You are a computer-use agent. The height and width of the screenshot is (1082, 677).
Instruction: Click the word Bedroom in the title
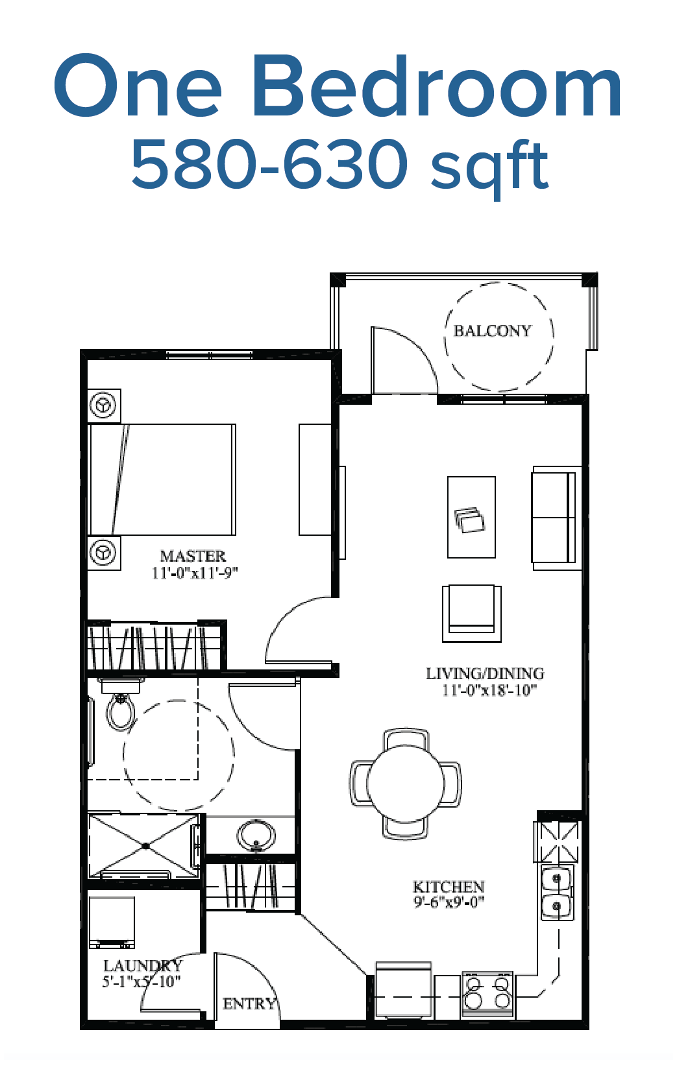point(441,86)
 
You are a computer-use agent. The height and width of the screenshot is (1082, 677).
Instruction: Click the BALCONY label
point(493,331)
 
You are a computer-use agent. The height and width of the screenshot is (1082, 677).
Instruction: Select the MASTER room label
point(193,556)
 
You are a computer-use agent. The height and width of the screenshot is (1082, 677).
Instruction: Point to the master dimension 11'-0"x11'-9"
point(195,573)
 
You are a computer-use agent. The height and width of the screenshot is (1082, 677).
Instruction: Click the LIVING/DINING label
point(485,673)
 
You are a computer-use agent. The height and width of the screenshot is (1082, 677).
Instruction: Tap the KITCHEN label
point(449,887)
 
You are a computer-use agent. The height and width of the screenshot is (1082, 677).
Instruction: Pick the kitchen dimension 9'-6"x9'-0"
point(449,902)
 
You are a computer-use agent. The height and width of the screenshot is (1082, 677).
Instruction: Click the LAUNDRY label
point(143,966)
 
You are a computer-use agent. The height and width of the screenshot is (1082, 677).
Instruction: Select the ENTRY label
point(249,1004)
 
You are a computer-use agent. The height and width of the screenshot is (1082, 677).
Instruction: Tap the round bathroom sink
point(256,836)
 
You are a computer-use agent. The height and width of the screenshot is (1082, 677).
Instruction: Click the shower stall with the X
point(144,847)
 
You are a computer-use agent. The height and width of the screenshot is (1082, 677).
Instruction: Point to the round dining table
point(405,784)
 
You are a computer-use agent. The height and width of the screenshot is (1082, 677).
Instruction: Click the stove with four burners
point(487,994)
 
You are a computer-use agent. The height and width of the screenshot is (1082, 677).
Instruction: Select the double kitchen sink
point(557,893)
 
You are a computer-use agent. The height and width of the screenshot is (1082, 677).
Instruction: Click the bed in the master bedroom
point(162,479)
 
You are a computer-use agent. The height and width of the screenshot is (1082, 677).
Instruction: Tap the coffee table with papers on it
point(471,518)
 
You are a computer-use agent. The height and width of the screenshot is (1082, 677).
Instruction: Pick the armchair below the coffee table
point(472,614)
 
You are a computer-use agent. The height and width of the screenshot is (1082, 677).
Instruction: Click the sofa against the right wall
point(556,518)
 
